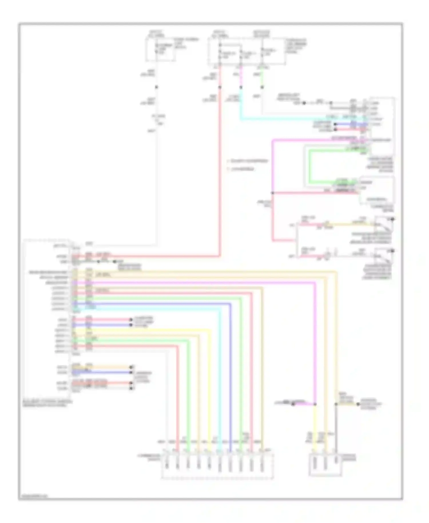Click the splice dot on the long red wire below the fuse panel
(x=220, y=87)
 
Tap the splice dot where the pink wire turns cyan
(x=241, y=87)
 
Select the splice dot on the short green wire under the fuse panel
(x=262, y=87)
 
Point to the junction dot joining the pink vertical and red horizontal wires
(x=273, y=193)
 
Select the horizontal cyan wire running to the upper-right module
(x=286, y=119)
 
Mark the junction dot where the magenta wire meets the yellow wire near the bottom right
(x=315, y=404)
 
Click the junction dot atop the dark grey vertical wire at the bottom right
(x=336, y=404)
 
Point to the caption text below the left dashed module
(x=47, y=403)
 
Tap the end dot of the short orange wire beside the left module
(x=132, y=367)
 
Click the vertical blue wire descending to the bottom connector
(x=230, y=372)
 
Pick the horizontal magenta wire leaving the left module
(x=200, y=283)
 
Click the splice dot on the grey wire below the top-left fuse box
(x=156, y=87)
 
